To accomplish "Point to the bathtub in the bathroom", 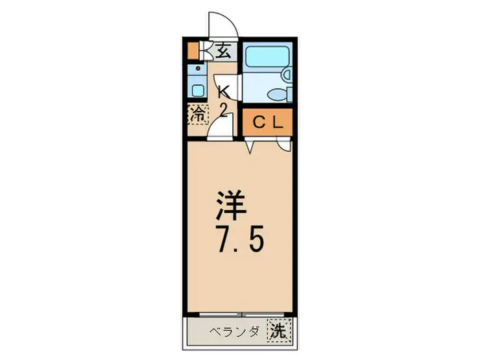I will click(267, 58).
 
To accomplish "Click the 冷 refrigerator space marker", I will click(198, 115).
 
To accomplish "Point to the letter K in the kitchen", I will click(222, 91).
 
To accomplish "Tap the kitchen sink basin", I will click(198, 90).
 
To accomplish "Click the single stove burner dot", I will click(198, 67).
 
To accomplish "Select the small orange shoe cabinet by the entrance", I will click(192, 51).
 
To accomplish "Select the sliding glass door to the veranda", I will click(240, 315).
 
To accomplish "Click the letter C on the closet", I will click(258, 122).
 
